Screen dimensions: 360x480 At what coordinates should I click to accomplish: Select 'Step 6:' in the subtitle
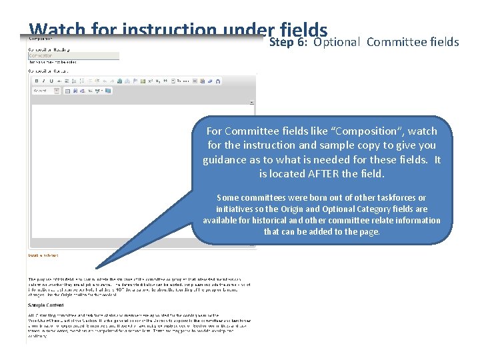(x=290, y=42)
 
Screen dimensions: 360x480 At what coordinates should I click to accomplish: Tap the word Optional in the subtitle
(x=337, y=42)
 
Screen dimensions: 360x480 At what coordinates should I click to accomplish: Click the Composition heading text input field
(x=73, y=56)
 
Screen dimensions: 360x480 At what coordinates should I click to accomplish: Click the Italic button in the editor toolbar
(x=44, y=81)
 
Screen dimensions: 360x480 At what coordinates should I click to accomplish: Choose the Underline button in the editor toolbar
(x=51, y=81)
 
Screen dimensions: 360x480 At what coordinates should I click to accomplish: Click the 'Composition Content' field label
(x=47, y=71)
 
